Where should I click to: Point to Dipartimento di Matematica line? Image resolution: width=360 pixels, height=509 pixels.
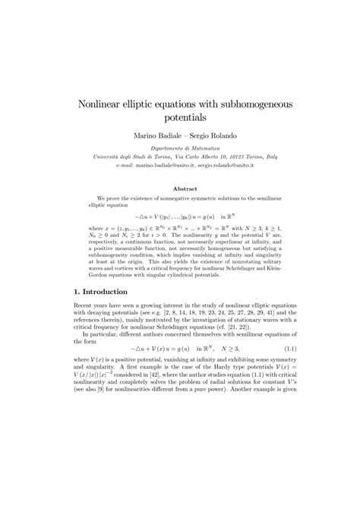[x=179, y=150]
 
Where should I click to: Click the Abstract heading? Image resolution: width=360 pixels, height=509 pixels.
[x=179, y=188]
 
